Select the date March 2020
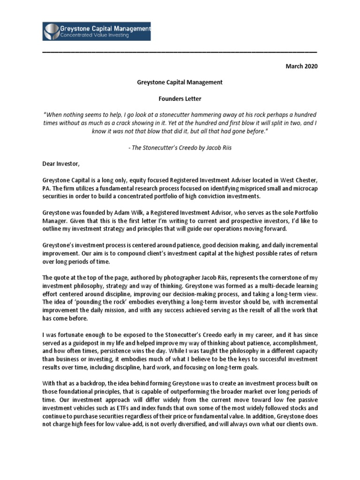[x=301, y=67]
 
